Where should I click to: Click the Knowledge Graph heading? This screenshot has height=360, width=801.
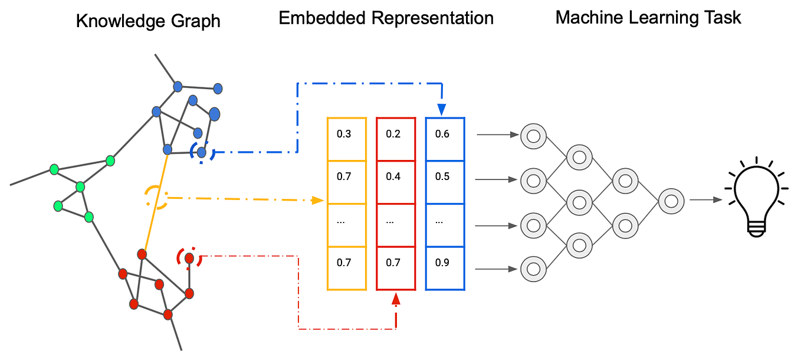point(148,22)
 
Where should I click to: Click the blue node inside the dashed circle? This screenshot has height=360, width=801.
point(202,153)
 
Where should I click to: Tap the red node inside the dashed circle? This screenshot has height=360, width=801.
point(189,258)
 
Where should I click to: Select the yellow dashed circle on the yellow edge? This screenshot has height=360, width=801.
point(156,197)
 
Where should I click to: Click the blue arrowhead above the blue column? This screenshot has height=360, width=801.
point(442,110)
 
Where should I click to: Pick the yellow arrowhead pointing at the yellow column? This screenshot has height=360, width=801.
point(319,201)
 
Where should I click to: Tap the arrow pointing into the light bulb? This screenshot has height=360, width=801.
point(707,200)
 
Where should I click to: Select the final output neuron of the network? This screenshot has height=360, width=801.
point(671,201)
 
